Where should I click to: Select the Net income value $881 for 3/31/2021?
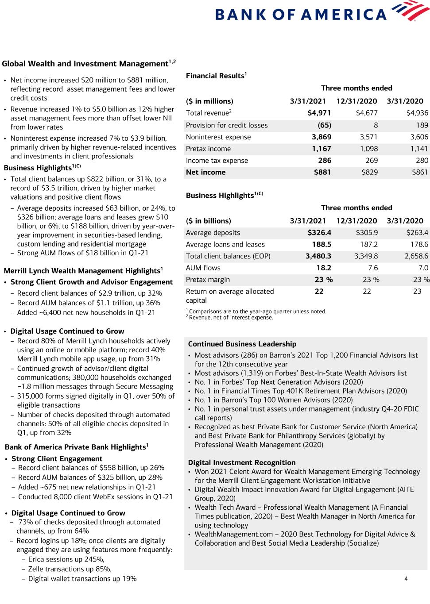point(322,172)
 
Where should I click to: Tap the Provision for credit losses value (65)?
point(324,125)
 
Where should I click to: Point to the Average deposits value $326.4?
point(319,233)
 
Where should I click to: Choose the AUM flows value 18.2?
point(324,268)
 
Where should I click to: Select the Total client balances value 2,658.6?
point(416,256)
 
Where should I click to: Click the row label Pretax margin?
point(208,280)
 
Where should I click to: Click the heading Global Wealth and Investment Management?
point(85,64)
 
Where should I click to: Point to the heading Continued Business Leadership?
point(242,344)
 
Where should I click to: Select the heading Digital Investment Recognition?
point(242,463)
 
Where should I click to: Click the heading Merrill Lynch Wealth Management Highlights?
point(82,271)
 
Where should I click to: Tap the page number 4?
point(406,578)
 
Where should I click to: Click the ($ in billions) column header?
point(209,221)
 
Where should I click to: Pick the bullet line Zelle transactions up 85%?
point(70,569)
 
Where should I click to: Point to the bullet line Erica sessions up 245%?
point(66,559)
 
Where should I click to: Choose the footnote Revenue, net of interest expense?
point(231,317)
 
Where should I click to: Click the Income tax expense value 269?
point(370,161)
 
